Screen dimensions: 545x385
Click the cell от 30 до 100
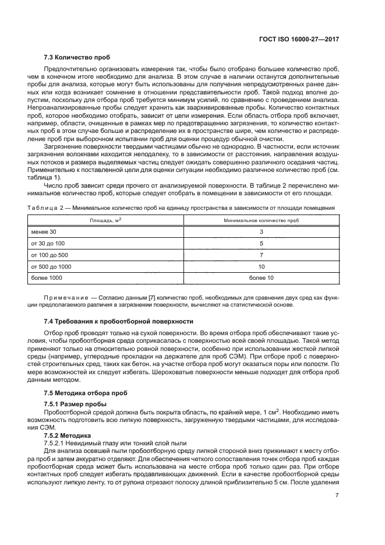click(48, 244)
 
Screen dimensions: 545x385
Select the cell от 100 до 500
click(50, 255)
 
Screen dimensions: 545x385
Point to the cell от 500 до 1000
click(52, 266)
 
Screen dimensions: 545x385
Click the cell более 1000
click(47, 277)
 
